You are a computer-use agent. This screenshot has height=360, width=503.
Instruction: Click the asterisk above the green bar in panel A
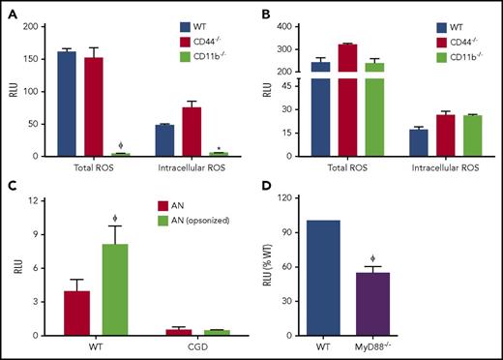click(x=193, y=147)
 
